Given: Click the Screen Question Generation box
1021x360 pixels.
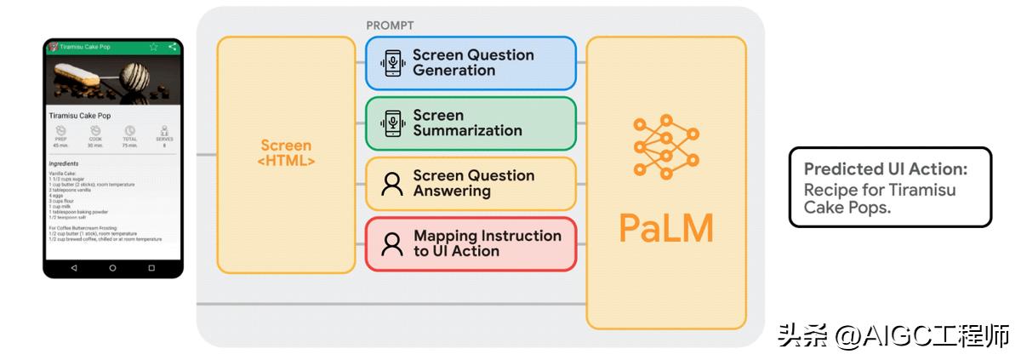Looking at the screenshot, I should pyautogui.click(x=471, y=63).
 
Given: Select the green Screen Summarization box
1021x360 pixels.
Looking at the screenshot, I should pyautogui.click(x=471, y=123).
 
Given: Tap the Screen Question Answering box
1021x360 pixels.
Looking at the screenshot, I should pyautogui.click(x=471, y=183).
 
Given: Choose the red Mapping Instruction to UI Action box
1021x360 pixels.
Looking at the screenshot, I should pyautogui.click(x=471, y=243).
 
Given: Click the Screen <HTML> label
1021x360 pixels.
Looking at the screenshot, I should pyautogui.click(x=286, y=153).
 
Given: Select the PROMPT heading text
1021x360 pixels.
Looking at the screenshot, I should pyautogui.click(x=390, y=26).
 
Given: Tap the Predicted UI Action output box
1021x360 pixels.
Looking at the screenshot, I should pyautogui.click(x=890, y=186).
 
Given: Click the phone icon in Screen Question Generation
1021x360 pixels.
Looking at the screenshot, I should pyautogui.click(x=391, y=63).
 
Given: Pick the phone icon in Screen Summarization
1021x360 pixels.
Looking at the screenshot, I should pyautogui.click(x=391, y=123).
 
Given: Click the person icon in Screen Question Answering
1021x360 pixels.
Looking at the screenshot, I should pyautogui.click(x=391, y=184).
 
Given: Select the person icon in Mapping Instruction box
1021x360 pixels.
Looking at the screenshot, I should pyautogui.click(x=391, y=244).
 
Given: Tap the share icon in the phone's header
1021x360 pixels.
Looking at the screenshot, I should pyautogui.click(x=173, y=47).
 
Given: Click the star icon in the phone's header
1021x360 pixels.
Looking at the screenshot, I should pyautogui.click(x=154, y=47).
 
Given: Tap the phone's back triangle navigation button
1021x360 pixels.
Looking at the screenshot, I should pyautogui.click(x=74, y=268).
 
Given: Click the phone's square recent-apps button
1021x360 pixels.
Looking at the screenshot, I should pyautogui.click(x=151, y=268).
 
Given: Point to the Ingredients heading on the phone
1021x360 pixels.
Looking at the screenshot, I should pyautogui.click(x=64, y=163).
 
